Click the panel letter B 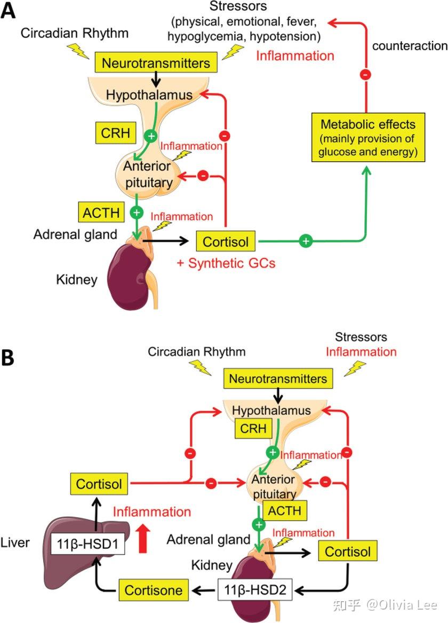coord(10,358)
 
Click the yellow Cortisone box coord(154,590)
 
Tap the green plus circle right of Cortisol coord(306,241)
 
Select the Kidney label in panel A coord(77,279)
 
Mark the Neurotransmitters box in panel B coord(278,379)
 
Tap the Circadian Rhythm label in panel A coord(75,33)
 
